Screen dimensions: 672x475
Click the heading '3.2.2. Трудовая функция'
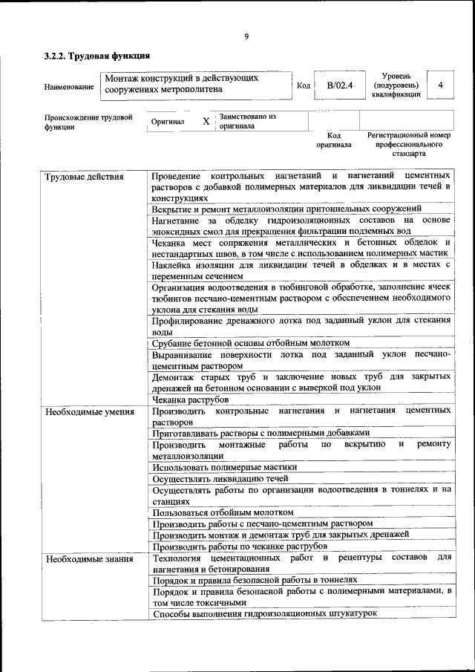[x=97, y=56]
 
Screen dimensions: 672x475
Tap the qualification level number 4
[x=440, y=85]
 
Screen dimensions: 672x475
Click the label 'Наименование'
[x=69, y=87]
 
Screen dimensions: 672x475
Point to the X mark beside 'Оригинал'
[x=206, y=120]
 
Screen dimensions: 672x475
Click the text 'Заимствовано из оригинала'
[x=247, y=121]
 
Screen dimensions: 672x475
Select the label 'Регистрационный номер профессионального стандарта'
[x=409, y=144]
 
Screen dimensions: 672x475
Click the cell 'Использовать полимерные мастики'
[x=224, y=468]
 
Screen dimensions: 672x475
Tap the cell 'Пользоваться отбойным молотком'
[x=223, y=512]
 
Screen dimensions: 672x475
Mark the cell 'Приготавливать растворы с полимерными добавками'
[x=260, y=433]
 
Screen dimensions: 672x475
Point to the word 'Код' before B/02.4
[x=303, y=86]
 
